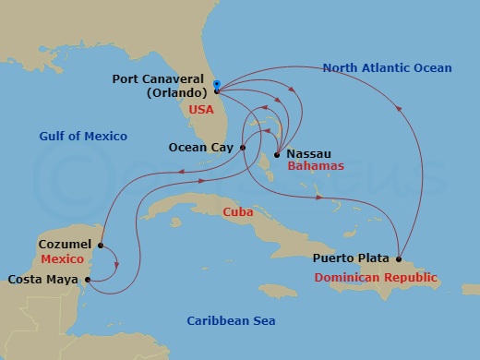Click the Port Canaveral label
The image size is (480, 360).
click(160, 79)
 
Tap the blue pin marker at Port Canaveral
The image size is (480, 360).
click(216, 86)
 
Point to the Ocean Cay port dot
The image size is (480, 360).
click(242, 147)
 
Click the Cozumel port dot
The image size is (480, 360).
click(100, 246)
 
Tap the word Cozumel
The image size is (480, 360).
click(66, 245)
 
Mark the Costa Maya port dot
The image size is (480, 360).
click(86, 279)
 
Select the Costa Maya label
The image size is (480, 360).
click(42, 279)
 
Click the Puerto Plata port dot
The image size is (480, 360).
click(399, 258)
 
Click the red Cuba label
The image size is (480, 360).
click(239, 211)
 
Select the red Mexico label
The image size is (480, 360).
click(63, 259)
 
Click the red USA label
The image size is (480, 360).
click(200, 109)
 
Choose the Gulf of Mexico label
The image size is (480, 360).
click(83, 137)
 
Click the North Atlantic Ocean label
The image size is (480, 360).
click(387, 68)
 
